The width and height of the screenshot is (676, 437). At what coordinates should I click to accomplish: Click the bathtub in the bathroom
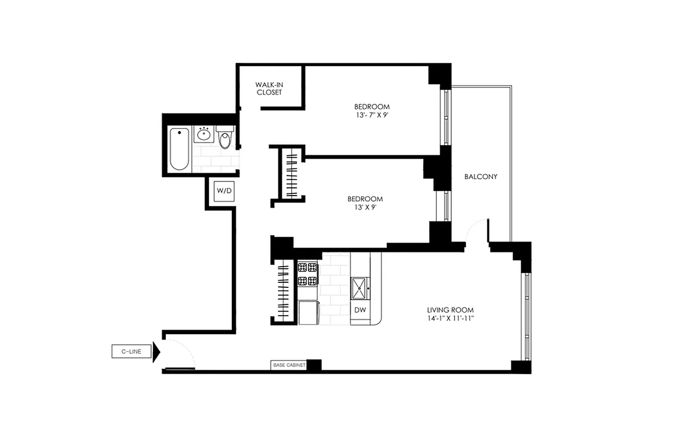[179, 149]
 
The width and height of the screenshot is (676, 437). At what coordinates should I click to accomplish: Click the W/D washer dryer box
[224, 191]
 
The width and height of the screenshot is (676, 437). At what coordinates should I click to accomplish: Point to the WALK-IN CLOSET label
[269, 88]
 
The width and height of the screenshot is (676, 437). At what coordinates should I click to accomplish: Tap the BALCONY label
[480, 176]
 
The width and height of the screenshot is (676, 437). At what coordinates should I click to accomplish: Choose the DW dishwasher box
[360, 310]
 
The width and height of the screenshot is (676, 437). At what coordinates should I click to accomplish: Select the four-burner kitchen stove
[307, 274]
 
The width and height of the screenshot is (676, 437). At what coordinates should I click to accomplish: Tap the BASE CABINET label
[288, 365]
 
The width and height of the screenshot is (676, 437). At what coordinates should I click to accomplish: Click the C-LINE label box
[131, 352]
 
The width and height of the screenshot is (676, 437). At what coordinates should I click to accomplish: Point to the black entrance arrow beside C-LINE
[156, 352]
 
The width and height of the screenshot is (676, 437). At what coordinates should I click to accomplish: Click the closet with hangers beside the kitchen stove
[284, 293]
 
